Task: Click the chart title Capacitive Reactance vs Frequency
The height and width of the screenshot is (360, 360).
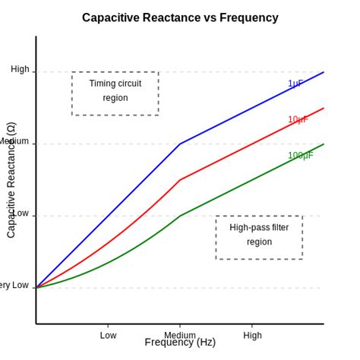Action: point(180,17)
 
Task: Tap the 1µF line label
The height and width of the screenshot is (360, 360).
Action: point(295,84)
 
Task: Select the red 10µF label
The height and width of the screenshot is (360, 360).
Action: point(298,119)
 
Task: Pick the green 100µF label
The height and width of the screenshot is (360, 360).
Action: point(300,156)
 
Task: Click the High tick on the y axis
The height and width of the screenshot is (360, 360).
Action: point(20,69)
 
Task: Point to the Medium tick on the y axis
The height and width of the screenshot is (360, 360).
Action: point(14,141)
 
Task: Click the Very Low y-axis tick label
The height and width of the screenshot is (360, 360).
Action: point(14,286)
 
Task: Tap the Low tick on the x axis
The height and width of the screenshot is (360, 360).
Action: point(108,335)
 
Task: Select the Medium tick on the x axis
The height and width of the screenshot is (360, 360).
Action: point(180,335)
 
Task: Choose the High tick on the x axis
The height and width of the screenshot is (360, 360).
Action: point(252,335)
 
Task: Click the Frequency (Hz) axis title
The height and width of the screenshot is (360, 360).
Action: point(180,343)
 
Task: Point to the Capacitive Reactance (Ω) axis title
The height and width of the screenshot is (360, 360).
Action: point(11,180)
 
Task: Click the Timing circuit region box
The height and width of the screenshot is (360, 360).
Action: point(115,93)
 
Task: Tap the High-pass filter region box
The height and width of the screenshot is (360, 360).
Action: point(259,238)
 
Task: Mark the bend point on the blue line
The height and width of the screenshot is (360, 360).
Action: point(180,144)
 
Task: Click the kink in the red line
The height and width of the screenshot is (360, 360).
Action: point(180,180)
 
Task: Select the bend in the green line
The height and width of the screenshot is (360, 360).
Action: point(180,216)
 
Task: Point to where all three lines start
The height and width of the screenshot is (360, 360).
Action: point(36,288)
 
